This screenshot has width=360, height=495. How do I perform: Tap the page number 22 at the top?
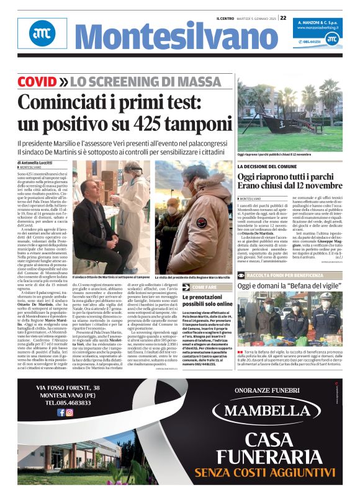[x=283, y=18]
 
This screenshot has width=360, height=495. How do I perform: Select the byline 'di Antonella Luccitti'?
[x=40, y=163]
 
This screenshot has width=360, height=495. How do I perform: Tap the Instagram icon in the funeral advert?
[x=70, y=412]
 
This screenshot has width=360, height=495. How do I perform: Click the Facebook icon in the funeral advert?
[x=61, y=412]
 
